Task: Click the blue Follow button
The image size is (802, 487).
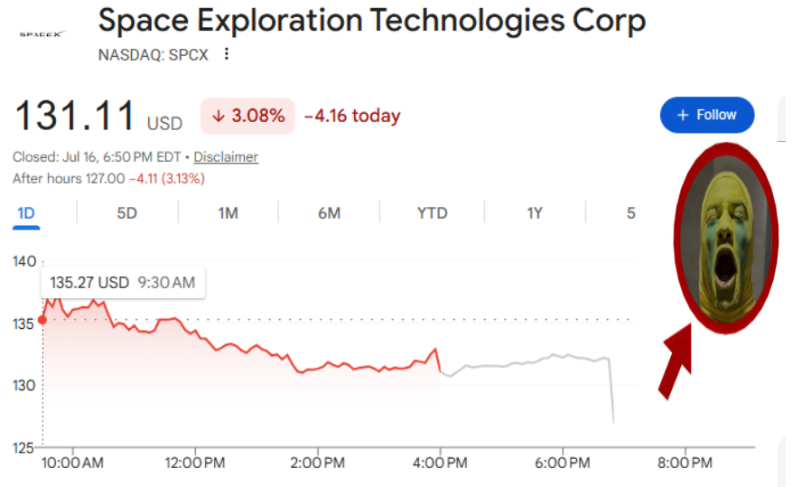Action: [707, 115]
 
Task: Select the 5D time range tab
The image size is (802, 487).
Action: [126, 213]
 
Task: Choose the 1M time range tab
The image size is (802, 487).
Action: [228, 213]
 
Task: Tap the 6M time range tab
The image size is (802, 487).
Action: [330, 213]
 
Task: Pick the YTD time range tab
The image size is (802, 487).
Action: [433, 213]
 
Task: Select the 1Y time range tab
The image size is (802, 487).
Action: [535, 213]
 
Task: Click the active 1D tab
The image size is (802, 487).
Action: [26, 213]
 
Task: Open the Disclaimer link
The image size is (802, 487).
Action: [226, 156]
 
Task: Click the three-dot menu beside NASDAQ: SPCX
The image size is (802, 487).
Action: [227, 53]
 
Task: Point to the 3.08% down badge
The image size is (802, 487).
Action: [247, 116]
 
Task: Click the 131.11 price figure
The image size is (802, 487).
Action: [75, 116]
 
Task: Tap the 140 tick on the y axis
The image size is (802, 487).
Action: [24, 261]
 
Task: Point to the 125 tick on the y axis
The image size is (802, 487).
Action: [23, 448]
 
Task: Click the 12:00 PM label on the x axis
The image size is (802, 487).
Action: [195, 463]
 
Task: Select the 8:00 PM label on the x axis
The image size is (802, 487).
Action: [685, 463]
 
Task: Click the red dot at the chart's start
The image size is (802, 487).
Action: [42, 320]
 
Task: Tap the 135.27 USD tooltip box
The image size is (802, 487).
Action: [123, 283]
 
